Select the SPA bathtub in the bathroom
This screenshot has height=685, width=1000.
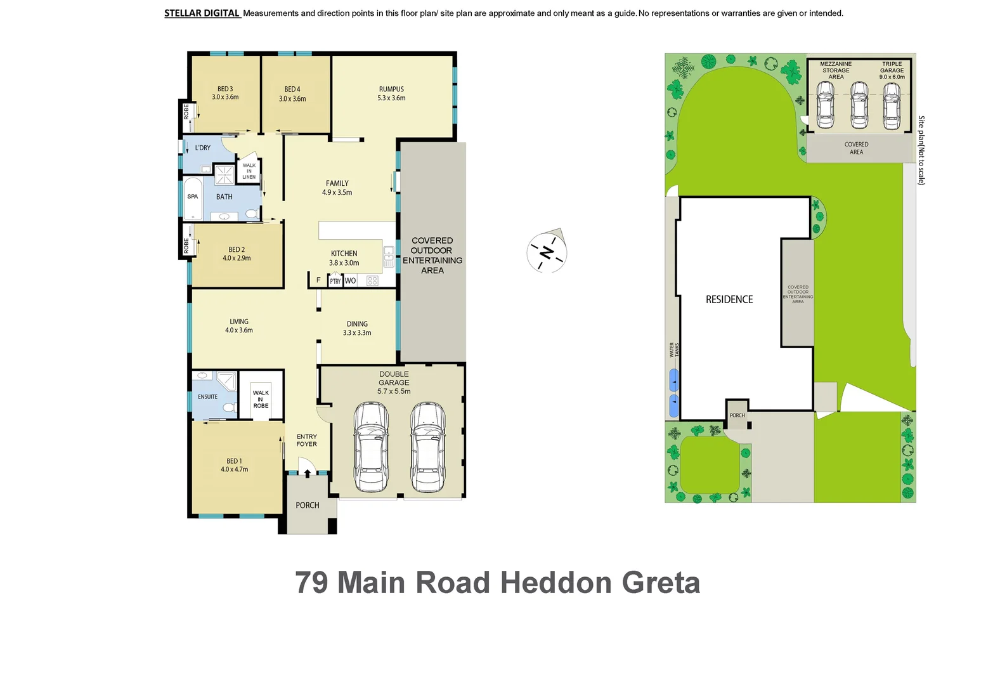tap(193, 199)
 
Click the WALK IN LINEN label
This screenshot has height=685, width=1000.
tap(249, 171)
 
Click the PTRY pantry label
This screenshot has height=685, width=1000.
tap(335, 281)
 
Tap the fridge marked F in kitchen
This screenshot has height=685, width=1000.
tap(318, 280)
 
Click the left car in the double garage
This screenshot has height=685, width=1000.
tap(371, 447)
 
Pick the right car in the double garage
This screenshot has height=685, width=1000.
tap(427, 447)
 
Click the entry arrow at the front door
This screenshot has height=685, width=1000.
tap(308, 473)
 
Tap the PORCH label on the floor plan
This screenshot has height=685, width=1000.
tap(308, 506)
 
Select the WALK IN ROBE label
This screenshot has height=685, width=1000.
tap(261, 399)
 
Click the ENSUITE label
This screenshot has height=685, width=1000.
tap(207, 397)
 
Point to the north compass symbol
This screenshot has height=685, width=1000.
tap(547, 252)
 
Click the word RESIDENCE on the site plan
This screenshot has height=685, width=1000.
tap(729, 299)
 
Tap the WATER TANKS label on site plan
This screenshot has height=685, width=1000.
tap(674, 350)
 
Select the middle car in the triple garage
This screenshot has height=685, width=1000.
tap(859, 105)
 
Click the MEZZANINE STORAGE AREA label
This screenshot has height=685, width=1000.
tap(836, 70)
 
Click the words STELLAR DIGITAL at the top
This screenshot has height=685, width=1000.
tap(202, 13)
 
